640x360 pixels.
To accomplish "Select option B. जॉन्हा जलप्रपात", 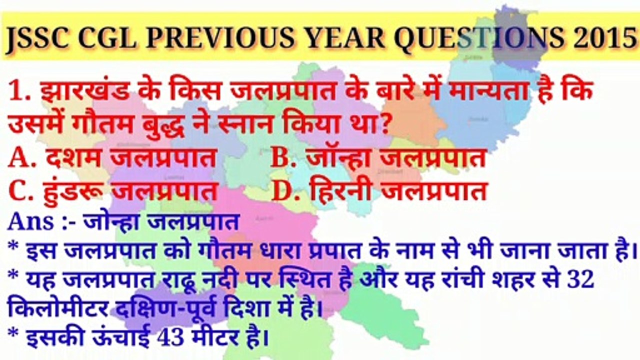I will click(x=378, y=158).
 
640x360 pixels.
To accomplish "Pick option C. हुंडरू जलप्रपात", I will click(x=113, y=191).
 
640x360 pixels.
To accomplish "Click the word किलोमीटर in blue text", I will click(x=58, y=310).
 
